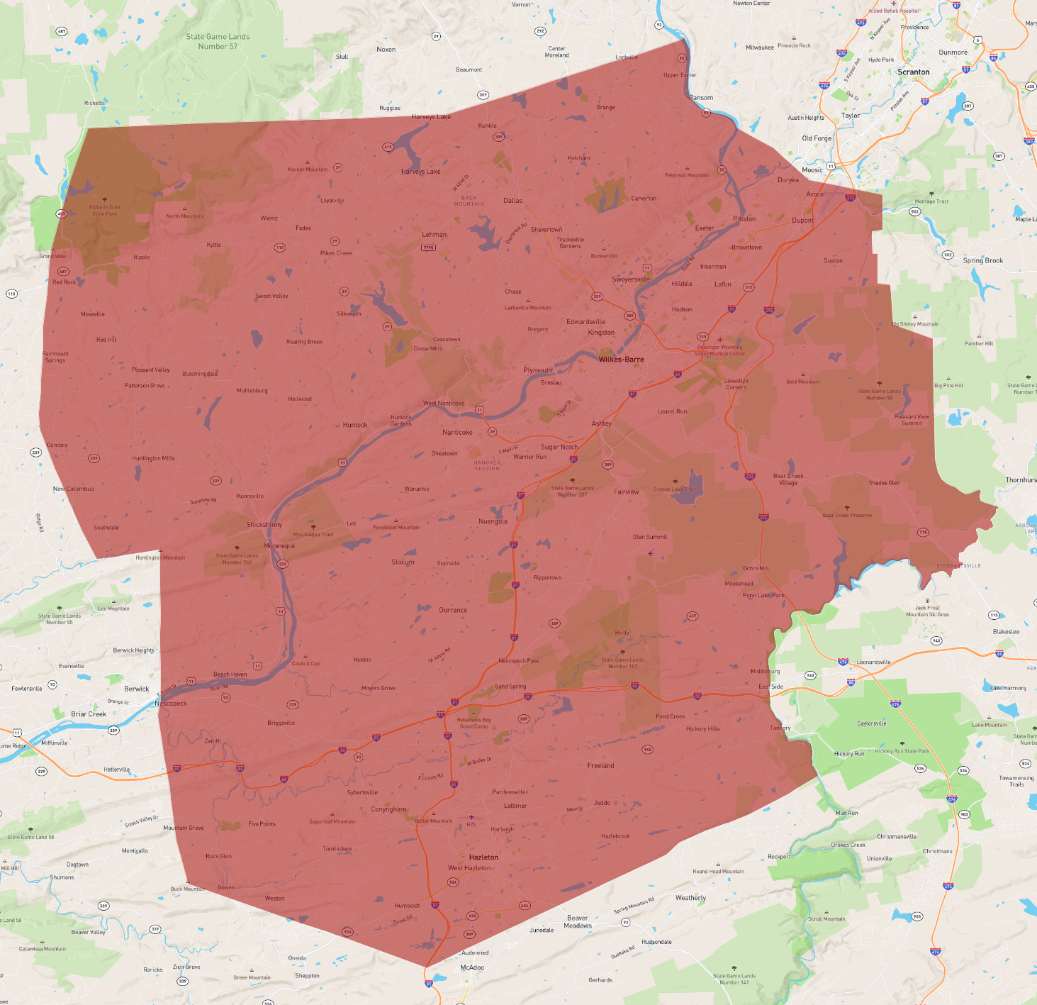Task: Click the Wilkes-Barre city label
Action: pyautogui.click(x=621, y=360)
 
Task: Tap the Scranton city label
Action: pyautogui.click(x=913, y=72)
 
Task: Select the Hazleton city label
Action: pyautogui.click(x=483, y=857)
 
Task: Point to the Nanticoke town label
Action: pyautogui.click(x=457, y=433)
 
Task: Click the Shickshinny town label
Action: pyautogui.click(x=264, y=525)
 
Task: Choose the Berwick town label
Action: pyautogui.click(x=137, y=689)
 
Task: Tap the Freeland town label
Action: pyautogui.click(x=600, y=766)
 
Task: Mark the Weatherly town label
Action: pyautogui.click(x=690, y=898)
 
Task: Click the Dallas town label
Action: pyautogui.click(x=512, y=201)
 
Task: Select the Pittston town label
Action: pyautogui.click(x=744, y=219)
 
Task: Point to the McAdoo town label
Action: pyautogui.click(x=472, y=967)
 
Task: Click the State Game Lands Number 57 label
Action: pyautogui.click(x=218, y=42)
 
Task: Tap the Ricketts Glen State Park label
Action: pyautogui.click(x=104, y=210)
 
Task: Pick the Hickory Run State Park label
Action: pyautogui.click(x=902, y=751)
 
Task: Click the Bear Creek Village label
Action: pyautogui.click(x=788, y=479)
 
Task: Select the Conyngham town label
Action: pyautogui.click(x=388, y=809)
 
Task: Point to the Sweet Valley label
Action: pyautogui.click(x=271, y=296)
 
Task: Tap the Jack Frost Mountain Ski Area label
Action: pyautogui.click(x=927, y=611)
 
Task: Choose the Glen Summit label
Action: pyautogui.click(x=650, y=537)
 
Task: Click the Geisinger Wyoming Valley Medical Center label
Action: pyautogui.click(x=720, y=350)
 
